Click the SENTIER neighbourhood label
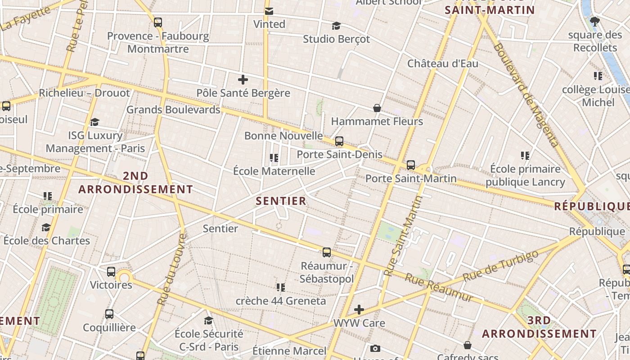281,201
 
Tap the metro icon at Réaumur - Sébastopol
327,252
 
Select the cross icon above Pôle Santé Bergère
243,80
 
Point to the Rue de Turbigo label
500,266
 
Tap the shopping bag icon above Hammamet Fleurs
377,108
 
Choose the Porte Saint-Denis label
339,154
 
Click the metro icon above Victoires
111,272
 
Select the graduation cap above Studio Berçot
336,26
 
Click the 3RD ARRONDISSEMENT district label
539,327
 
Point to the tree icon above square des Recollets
595,21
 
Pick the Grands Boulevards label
173,109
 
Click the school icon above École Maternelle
274,158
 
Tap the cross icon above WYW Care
359,310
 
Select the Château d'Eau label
443,63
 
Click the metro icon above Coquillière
109,314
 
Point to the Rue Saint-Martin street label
404,236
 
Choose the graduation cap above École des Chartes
46,227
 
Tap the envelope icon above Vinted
269,11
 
